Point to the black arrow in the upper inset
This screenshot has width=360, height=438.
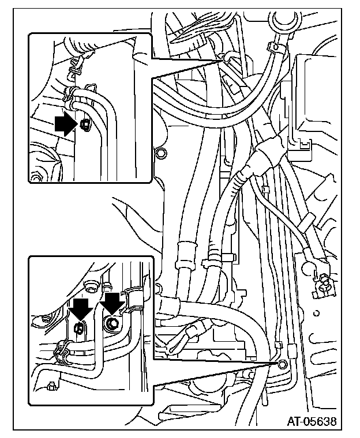click(66, 123)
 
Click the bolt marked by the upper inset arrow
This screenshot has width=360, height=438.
click(84, 124)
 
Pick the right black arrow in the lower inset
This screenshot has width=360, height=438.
click(111, 302)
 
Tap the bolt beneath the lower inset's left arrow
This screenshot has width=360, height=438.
click(80, 328)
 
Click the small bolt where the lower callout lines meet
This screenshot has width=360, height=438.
click(282, 364)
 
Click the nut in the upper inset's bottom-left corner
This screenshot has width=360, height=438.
click(36, 178)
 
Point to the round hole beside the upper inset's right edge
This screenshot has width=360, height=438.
click(162, 153)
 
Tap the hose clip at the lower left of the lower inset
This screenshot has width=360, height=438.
click(62, 349)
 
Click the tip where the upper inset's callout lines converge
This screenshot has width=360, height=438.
click(221, 58)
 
